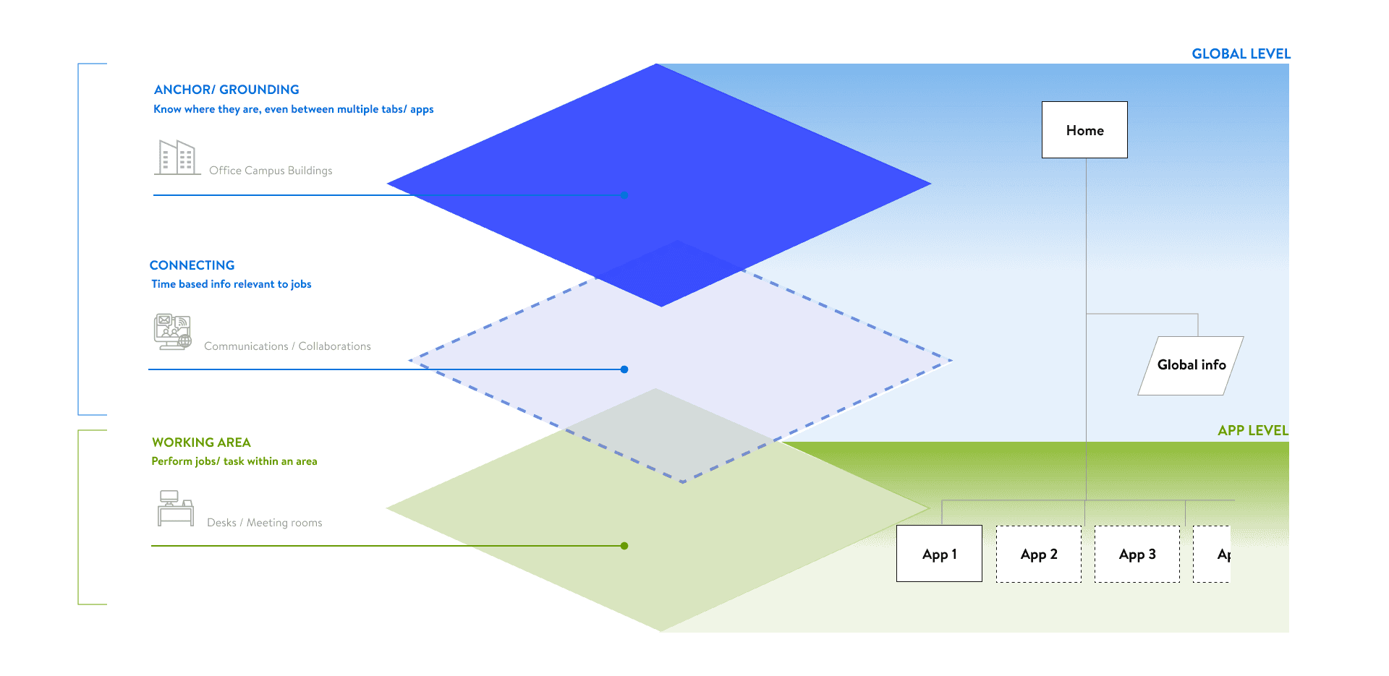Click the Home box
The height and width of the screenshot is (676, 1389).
point(1084,130)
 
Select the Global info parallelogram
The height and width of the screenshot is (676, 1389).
point(1191,365)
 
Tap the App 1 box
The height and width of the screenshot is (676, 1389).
point(939,554)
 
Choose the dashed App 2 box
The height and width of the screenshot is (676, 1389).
point(1039,554)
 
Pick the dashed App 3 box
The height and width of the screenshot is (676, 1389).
point(1137,554)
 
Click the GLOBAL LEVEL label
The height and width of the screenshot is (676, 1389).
point(1241,54)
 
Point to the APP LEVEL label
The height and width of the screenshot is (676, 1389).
point(1252,431)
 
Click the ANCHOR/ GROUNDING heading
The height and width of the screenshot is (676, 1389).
point(226,90)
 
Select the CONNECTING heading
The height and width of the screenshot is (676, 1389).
point(192,265)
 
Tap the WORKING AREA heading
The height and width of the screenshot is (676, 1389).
point(201,442)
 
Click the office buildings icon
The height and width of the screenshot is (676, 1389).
point(177,157)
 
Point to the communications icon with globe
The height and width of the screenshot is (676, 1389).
point(172,332)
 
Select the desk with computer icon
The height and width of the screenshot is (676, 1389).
point(176,508)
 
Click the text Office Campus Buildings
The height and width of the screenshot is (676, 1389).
point(271,171)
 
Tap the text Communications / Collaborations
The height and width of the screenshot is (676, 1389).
point(287,346)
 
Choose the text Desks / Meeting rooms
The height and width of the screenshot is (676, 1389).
point(264,523)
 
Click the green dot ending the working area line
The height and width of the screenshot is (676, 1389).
point(624,546)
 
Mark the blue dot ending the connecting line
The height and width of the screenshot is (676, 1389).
point(624,369)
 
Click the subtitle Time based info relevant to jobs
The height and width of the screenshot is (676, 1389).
point(231,284)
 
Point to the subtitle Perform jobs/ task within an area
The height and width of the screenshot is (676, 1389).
point(234,461)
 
